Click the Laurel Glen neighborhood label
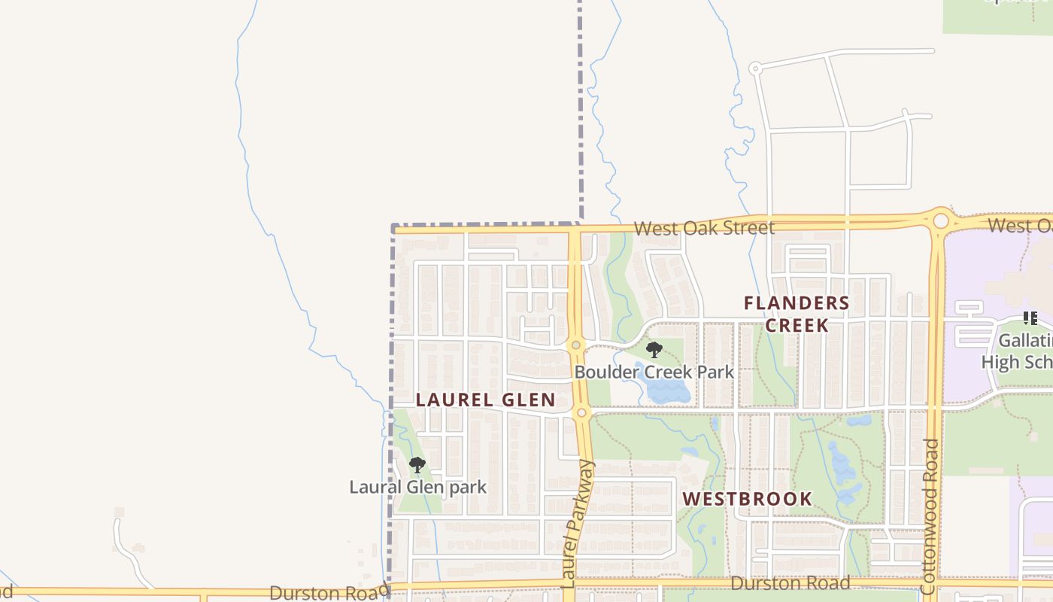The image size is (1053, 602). (486, 400)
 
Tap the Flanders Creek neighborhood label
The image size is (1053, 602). (797, 315)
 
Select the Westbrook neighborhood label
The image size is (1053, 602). (748, 499)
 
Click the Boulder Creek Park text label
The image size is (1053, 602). (654, 372)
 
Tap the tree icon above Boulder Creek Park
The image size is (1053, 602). (654, 349)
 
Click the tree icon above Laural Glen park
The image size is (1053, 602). (417, 465)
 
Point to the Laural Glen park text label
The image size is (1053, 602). (418, 487)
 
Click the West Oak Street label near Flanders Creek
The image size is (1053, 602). (704, 228)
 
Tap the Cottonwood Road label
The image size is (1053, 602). (930, 518)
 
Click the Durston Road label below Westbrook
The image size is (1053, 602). (791, 583)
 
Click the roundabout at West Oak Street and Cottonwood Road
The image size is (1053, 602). (941, 221)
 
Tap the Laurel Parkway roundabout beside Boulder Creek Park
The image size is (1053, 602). (576, 345)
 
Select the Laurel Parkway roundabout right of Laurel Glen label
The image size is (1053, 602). (581, 412)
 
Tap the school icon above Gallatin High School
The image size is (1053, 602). (1030, 318)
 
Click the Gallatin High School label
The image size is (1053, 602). (1019, 351)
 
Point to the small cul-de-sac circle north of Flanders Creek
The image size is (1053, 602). (754, 68)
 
